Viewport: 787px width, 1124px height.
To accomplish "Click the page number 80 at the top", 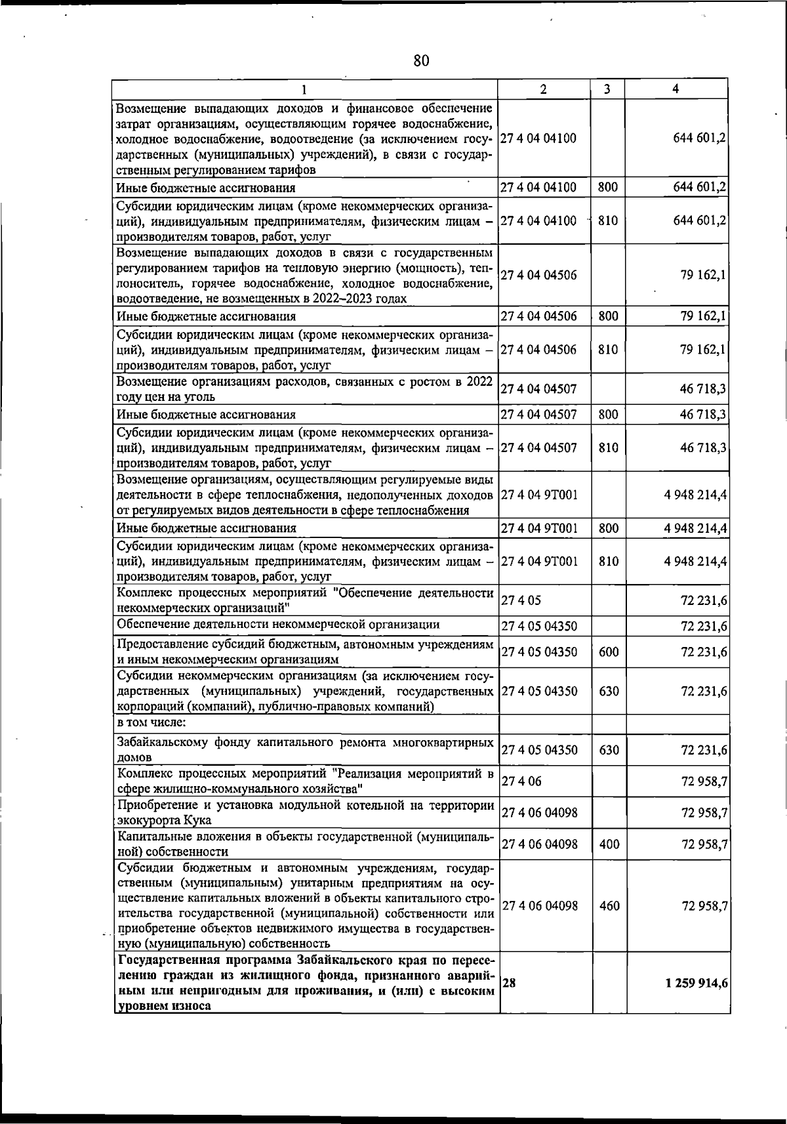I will click(421, 61).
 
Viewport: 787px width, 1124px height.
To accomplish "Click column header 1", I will click(304, 89).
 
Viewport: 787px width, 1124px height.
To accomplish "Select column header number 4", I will click(676, 89).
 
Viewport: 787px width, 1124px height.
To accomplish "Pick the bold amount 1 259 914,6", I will click(696, 983).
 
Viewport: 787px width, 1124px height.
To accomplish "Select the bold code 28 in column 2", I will click(508, 983).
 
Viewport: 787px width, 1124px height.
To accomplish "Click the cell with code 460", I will click(609, 906).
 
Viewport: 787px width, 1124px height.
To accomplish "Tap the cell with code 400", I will click(609, 844).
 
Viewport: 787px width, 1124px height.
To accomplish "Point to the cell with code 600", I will click(609, 652).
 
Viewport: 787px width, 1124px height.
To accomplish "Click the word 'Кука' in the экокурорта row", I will click(197, 820).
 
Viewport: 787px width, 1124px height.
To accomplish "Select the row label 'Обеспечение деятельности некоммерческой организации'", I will click(278, 624).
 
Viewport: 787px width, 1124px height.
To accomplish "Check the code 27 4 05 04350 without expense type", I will click(539, 627).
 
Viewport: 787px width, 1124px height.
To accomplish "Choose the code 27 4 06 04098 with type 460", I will click(539, 906).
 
